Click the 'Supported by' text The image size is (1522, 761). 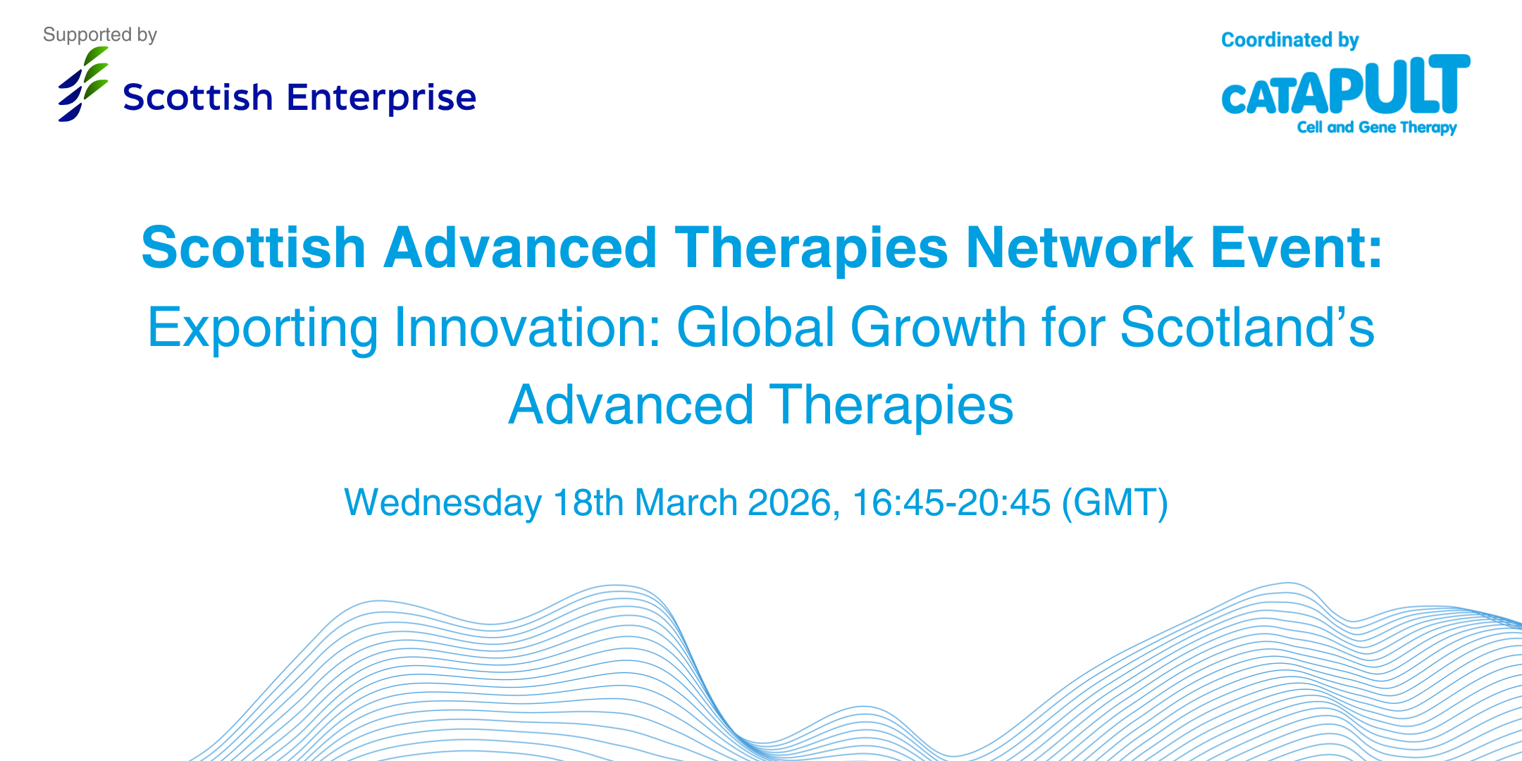(100, 35)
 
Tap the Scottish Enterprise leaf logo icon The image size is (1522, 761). (83, 84)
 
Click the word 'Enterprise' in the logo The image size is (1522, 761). (381, 98)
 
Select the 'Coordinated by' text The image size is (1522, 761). (1289, 41)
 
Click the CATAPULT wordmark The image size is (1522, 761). (1346, 85)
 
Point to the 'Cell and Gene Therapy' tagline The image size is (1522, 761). (1377, 128)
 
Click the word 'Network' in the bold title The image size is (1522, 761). (1079, 247)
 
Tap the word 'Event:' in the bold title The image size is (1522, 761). (1297, 247)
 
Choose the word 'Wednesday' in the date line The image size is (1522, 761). (443, 503)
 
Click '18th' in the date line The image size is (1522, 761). (588, 503)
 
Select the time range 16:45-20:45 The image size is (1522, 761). (951, 503)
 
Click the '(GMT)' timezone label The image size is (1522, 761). (1115, 503)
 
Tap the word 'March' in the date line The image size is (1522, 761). (686, 503)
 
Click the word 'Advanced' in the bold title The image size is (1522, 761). (520, 247)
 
